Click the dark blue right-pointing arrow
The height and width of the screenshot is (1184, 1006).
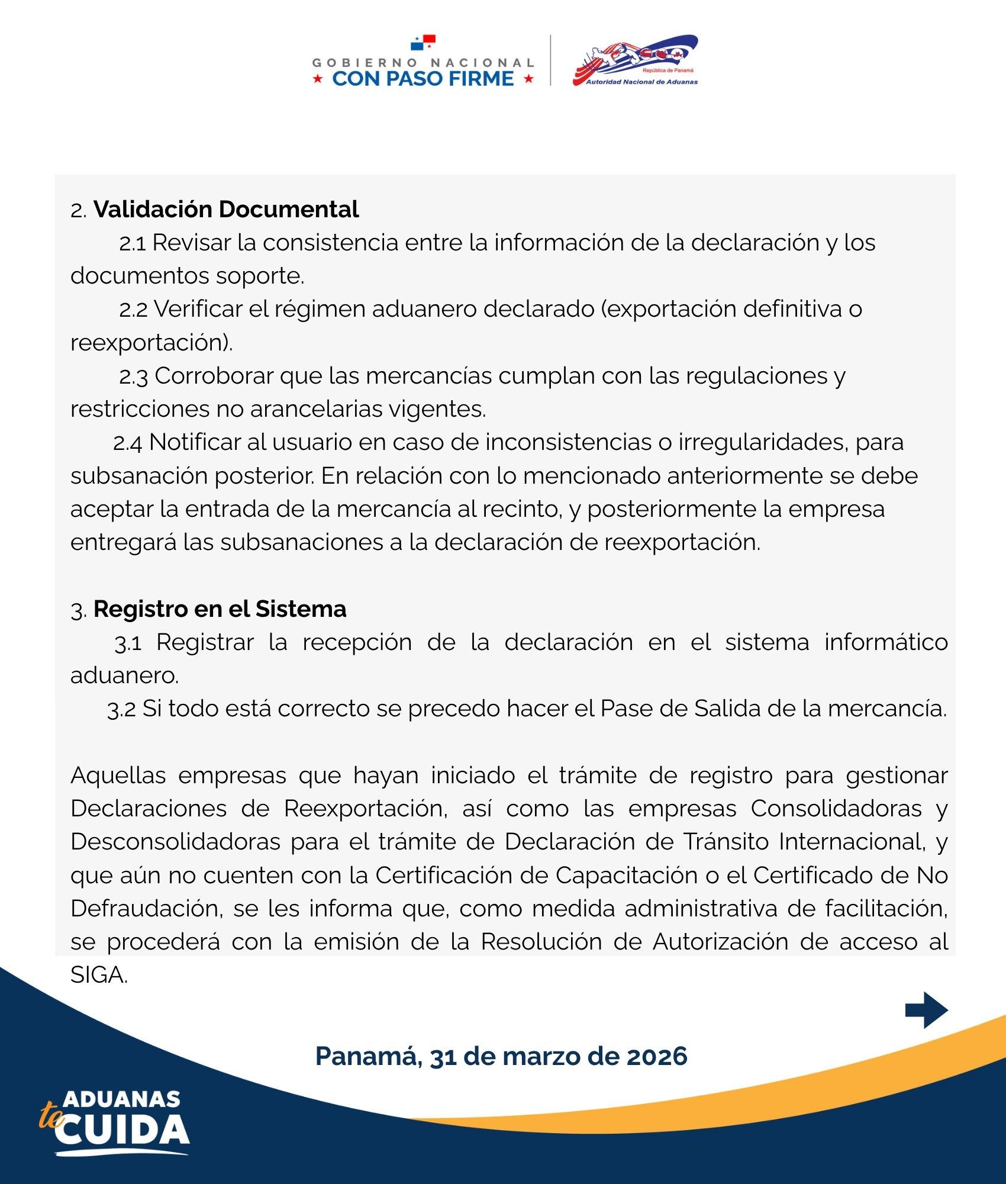point(927,1010)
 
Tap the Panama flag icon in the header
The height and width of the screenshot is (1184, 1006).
point(423,43)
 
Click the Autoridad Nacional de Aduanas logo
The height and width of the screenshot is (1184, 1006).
point(636,60)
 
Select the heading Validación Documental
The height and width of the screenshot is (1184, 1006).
point(226,210)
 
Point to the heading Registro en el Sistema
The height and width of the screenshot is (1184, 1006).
point(220,609)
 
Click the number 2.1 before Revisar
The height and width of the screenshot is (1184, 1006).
point(132,243)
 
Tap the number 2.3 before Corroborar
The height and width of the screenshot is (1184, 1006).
point(133,377)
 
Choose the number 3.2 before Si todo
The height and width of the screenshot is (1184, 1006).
point(121,709)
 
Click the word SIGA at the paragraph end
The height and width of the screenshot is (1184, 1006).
point(98,975)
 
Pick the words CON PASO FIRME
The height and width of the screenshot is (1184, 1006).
point(423,79)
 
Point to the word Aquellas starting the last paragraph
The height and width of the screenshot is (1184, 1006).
point(118,776)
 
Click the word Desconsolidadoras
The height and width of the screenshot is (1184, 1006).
point(175,842)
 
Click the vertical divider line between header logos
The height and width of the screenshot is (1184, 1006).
point(550,60)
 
